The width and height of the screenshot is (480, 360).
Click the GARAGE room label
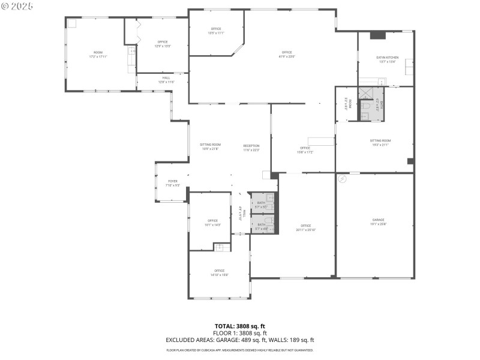[378, 220]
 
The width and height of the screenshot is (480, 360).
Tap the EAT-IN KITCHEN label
[387, 57]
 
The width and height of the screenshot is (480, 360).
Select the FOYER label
[173, 181]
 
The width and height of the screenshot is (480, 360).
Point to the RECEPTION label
[251, 146]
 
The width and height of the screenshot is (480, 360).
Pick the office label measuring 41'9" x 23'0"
[287, 52]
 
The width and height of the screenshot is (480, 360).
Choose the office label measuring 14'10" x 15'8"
[220, 271]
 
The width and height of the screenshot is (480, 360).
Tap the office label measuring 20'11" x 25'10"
[305, 226]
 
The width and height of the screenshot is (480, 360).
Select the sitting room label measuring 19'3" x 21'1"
[380, 140]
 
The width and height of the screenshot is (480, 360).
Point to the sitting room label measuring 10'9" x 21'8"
[211, 145]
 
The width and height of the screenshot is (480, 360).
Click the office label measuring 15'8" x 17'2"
[305, 148]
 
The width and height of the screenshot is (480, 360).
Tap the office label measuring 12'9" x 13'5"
[163, 41]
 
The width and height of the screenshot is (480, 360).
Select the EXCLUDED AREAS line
[239, 339]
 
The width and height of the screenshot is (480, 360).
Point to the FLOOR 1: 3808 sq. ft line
[239, 333]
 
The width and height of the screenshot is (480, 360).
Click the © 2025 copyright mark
[17, 5]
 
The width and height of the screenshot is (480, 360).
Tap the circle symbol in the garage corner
[343, 178]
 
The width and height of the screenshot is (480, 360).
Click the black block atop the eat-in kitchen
[377, 35]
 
